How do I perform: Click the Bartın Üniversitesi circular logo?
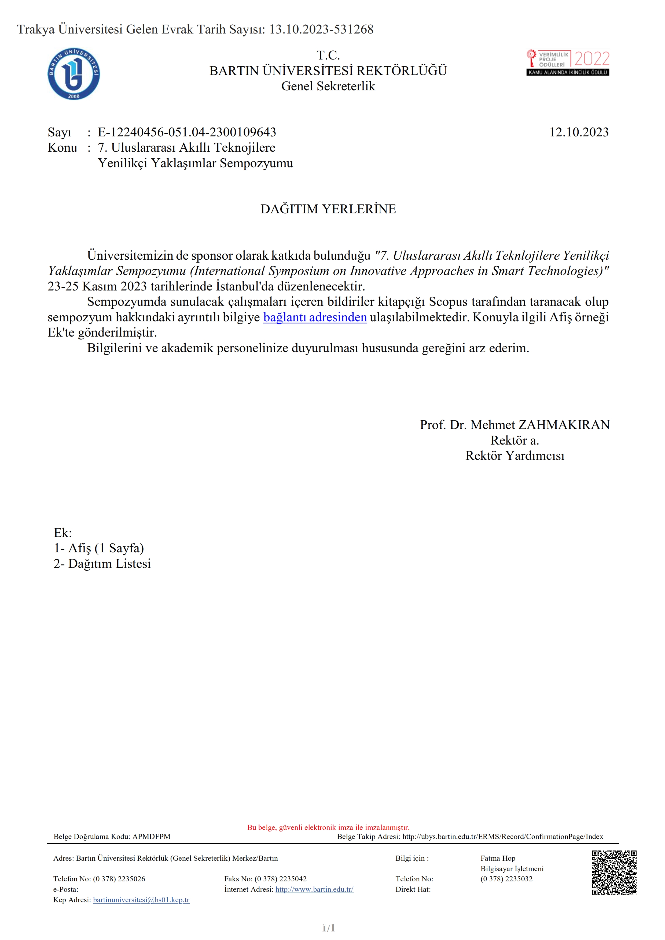pyautogui.click(x=74, y=74)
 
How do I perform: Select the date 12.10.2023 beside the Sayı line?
pyautogui.click(x=579, y=132)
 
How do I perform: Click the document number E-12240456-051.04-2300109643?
pyautogui.click(x=187, y=132)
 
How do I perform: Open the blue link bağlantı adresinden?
pyautogui.click(x=315, y=317)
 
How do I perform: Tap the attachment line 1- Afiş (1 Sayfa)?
pyautogui.click(x=99, y=548)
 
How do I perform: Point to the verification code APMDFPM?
pyautogui.click(x=151, y=836)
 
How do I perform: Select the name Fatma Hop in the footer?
pyautogui.click(x=498, y=858)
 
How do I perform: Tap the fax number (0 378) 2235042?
pyautogui.click(x=280, y=879)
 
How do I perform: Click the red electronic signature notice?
pyautogui.click(x=328, y=827)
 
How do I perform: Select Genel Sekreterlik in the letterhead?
pyautogui.click(x=328, y=86)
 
